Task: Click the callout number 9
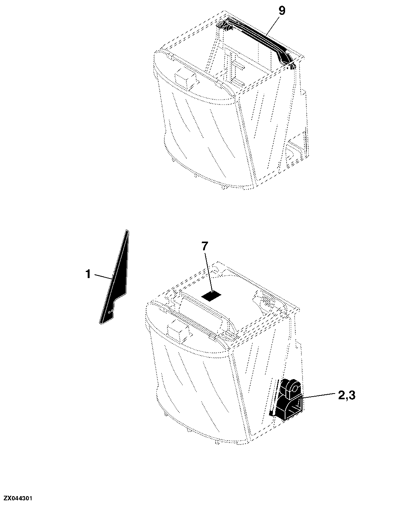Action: click(282, 11)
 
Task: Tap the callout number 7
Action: click(205, 247)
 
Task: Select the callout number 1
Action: click(88, 274)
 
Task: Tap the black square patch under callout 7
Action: click(211, 297)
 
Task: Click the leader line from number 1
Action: click(103, 277)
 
